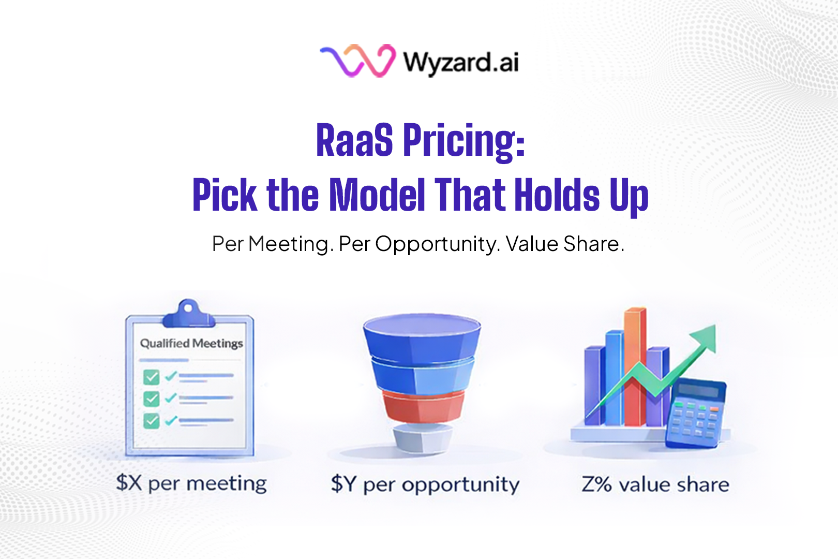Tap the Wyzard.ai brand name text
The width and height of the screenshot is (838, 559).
[461, 63]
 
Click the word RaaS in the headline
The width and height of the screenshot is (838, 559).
[354, 140]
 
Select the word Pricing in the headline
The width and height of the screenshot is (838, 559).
[464, 141]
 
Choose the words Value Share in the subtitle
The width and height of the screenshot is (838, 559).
[564, 244]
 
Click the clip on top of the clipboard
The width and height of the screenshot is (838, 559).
[188, 314]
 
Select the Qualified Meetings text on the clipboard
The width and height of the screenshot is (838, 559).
[191, 344]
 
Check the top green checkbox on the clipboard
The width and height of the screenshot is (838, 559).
[151, 377]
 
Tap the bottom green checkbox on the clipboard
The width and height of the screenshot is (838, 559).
[151, 420]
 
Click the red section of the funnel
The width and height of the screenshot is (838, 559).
[423, 406]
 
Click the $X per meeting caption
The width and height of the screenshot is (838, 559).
[191, 483]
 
